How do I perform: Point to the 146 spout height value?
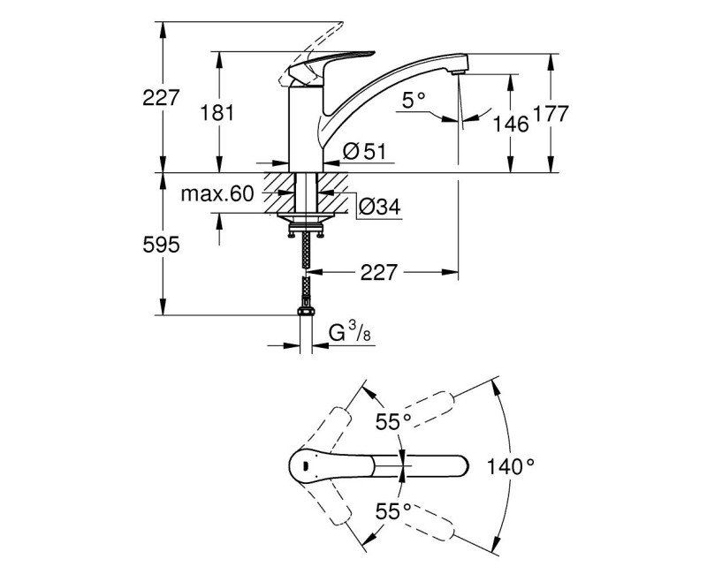[511, 124]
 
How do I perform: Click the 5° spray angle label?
[414, 102]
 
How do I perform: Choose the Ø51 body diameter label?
[363, 153]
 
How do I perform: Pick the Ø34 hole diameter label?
[379, 207]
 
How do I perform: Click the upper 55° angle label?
[392, 421]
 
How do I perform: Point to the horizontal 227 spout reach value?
[378, 273]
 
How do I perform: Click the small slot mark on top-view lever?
[305, 464]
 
